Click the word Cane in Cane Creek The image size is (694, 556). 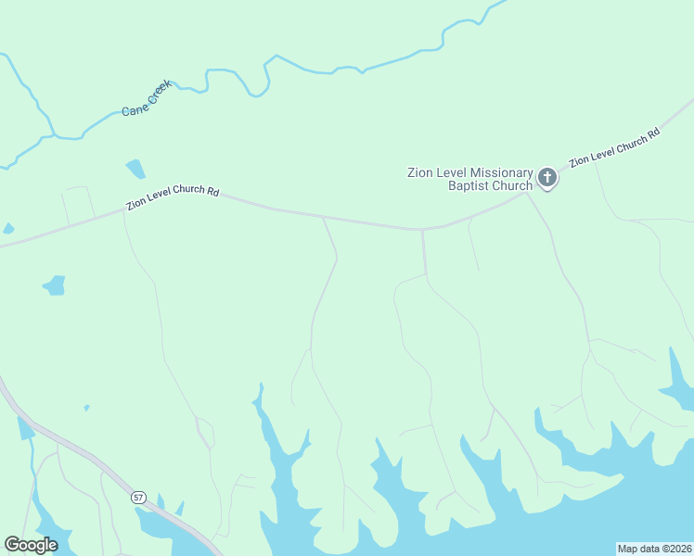(133, 110)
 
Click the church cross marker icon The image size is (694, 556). (547, 177)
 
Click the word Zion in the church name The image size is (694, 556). (421, 172)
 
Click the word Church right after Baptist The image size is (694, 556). (513, 185)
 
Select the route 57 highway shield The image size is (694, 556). (138, 498)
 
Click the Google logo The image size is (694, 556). (32, 545)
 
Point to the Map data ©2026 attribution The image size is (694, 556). (654, 549)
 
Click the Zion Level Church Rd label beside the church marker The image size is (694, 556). (614, 147)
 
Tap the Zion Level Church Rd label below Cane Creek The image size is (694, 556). (173, 198)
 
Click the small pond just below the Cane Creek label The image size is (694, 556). (136, 169)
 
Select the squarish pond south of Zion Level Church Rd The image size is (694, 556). (56, 284)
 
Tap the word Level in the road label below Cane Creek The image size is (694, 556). (164, 199)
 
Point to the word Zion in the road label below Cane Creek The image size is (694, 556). (138, 204)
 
